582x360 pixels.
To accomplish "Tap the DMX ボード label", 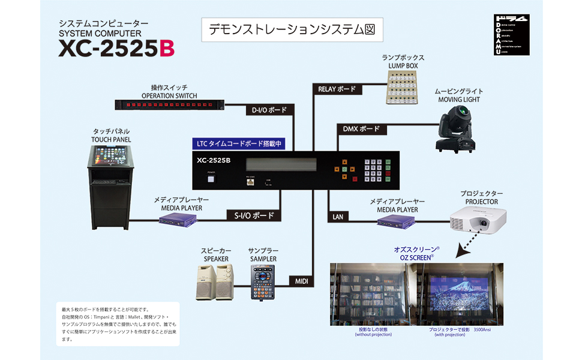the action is point(361,129).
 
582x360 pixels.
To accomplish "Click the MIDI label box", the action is point(301,281).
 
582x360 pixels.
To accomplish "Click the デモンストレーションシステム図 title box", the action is point(292,29).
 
